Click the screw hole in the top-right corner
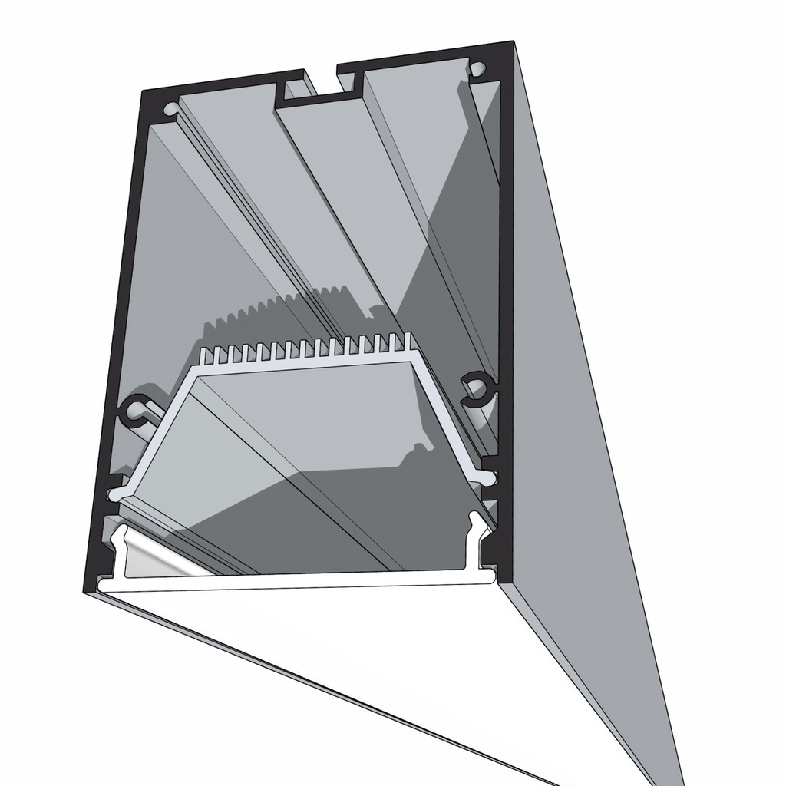(x=479, y=68)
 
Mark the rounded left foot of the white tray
(x=116, y=496)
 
